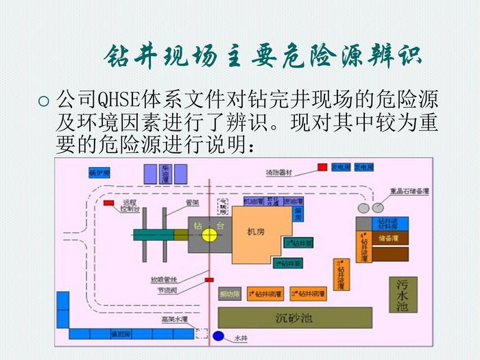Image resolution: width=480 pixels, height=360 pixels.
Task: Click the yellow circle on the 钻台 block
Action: click(208, 235)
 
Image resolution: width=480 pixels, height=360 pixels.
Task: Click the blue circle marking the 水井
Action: click(219, 337)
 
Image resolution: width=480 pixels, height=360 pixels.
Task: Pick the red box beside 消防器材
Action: click(322, 167)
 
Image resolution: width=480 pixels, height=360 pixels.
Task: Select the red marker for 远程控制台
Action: click(108, 202)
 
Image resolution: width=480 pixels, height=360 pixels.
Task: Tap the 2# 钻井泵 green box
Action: click(298, 244)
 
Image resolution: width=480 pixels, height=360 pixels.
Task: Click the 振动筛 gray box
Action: click(229, 293)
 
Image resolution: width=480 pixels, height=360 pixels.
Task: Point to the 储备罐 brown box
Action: click(389, 237)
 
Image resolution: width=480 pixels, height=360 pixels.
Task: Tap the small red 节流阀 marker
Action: click(210, 280)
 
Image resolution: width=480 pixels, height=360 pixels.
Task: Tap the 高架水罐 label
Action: click(174, 320)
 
